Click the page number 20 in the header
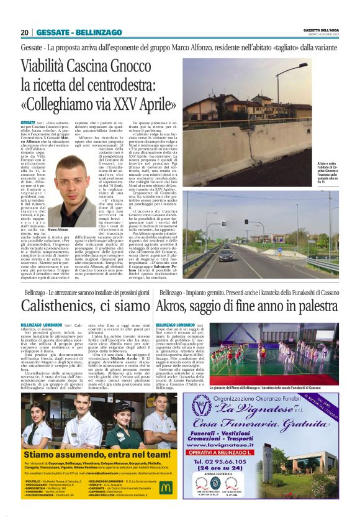coord(24,32)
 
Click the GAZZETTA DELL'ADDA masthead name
coord(321,29)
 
